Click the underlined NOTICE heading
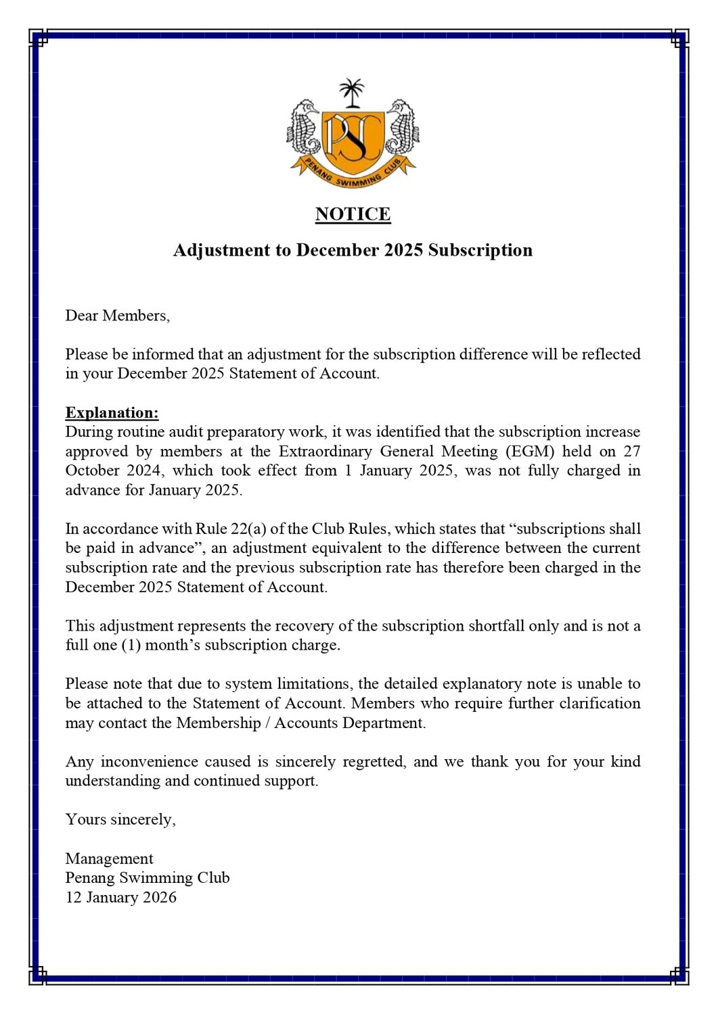(353, 214)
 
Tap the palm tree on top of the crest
(351, 93)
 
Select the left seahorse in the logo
(304, 128)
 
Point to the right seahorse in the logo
(402, 128)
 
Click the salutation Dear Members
(117, 316)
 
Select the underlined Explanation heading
(112, 412)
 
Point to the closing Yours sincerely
(120, 819)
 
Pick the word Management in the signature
(109, 859)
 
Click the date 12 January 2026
(120, 898)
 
